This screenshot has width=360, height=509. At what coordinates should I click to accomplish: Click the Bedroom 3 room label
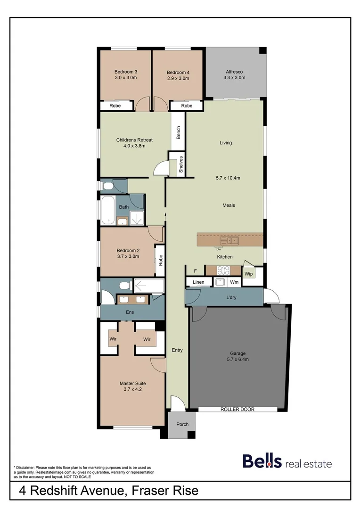tap(125, 72)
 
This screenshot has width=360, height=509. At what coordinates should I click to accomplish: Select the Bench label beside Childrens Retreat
tap(179, 132)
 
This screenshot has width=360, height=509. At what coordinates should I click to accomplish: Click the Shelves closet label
tap(180, 165)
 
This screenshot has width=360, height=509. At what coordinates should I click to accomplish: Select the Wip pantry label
tap(249, 273)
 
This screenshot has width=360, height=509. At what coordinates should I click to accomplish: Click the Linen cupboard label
tap(199, 282)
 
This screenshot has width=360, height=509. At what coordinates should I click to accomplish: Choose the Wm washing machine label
tap(234, 282)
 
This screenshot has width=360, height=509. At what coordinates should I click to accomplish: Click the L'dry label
tap(231, 297)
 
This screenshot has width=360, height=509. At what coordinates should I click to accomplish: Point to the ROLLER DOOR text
tap(237, 409)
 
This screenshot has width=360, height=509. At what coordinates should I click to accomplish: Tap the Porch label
tap(182, 424)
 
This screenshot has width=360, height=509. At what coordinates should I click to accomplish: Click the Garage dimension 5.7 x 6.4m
tap(238, 359)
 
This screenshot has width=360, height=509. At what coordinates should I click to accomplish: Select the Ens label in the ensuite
tap(130, 312)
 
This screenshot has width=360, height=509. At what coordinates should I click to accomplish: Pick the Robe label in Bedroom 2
tap(160, 260)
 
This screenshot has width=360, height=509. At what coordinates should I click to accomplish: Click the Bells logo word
tap(262, 461)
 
